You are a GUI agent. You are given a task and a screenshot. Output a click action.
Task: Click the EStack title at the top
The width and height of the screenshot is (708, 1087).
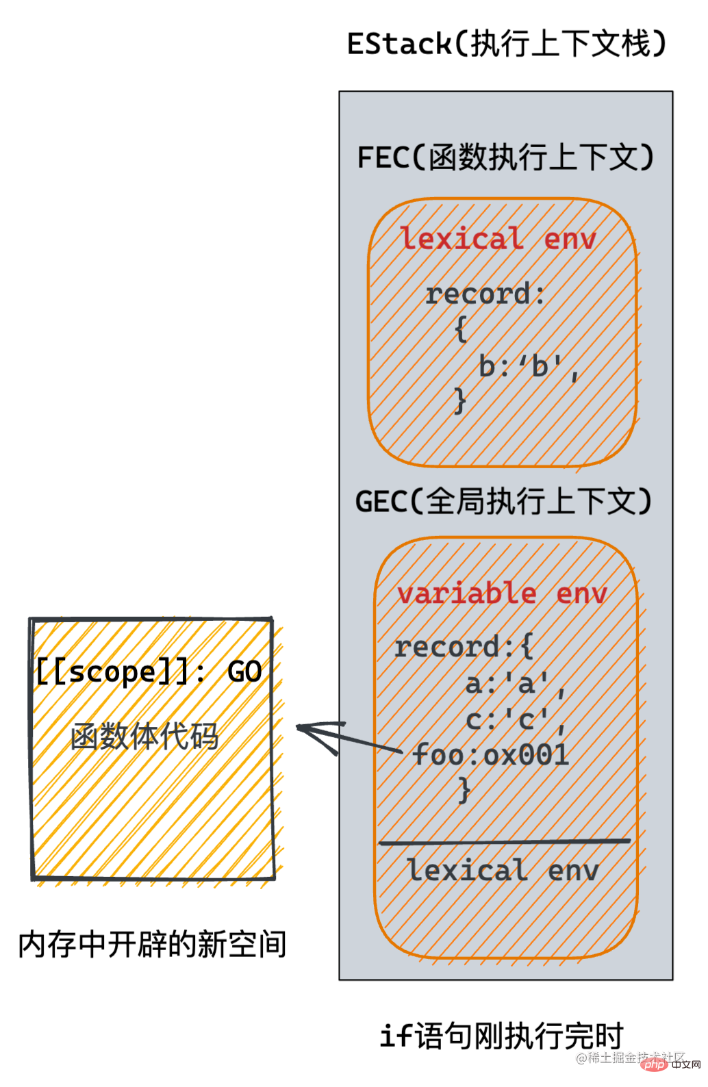pyautogui.click(x=506, y=44)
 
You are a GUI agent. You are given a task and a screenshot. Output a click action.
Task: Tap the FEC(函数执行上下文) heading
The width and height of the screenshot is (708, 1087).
pyautogui.click(x=505, y=157)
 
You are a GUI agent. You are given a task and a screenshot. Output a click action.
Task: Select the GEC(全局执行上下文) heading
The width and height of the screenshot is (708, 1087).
pyautogui.click(x=503, y=502)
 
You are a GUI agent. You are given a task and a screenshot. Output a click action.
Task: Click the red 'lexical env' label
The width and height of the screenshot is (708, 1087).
pyautogui.click(x=498, y=239)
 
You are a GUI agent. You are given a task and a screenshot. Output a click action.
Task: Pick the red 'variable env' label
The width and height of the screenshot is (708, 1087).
pyautogui.click(x=502, y=593)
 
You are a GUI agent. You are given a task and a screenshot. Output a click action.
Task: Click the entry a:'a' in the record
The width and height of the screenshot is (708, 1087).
pyautogui.click(x=515, y=684)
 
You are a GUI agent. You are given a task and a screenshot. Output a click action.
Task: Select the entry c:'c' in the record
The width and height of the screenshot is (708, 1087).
pyautogui.click(x=515, y=720)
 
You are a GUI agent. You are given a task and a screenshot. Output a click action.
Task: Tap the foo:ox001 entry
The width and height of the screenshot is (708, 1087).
pyautogui.click(x=491, y=755)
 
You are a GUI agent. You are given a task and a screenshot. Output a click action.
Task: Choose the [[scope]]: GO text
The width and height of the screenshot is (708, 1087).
pyautogui.click(x=149, y=672)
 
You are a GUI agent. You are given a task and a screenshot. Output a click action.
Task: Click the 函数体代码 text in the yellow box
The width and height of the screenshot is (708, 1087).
pyautogui.click(x=144, y=737)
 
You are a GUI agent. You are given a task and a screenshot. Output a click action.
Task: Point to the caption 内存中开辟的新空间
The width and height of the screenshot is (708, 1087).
pyautogui.click(x=152, y=945)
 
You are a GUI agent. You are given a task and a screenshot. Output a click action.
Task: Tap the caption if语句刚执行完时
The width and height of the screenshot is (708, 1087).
pyautogui.click(x=502, y=1036)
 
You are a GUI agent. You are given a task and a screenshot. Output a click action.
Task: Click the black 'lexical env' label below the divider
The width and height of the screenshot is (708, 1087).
pyautogui.click(x=503, y=871)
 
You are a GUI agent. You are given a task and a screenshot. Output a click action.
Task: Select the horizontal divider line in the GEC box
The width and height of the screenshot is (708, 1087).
pyautogui.click(x=505, y=842)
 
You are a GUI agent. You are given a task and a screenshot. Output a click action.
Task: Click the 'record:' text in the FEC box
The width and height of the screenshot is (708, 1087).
pyautogui.click(x=485, y=294)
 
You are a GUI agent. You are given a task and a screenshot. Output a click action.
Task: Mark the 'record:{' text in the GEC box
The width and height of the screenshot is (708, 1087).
pyautogui.click(x=464, y=647)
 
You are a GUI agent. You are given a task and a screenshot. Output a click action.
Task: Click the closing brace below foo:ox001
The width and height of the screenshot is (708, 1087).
pyautogui.click(x=464, y=790)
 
